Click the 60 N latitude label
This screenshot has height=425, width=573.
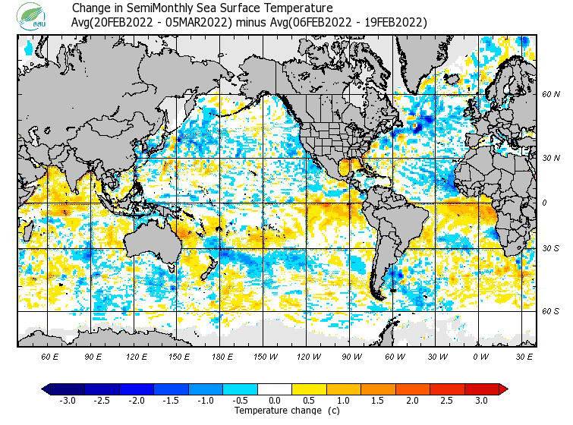point(550,95)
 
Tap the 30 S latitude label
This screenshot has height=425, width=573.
point(550,249)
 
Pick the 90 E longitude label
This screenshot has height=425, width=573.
point(93,356)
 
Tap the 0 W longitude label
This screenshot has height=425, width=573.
point(480,356)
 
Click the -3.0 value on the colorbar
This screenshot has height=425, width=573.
point(68,400)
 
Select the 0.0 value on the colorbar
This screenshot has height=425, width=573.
point(275,400)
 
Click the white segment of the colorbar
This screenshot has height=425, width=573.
point(275,389)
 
